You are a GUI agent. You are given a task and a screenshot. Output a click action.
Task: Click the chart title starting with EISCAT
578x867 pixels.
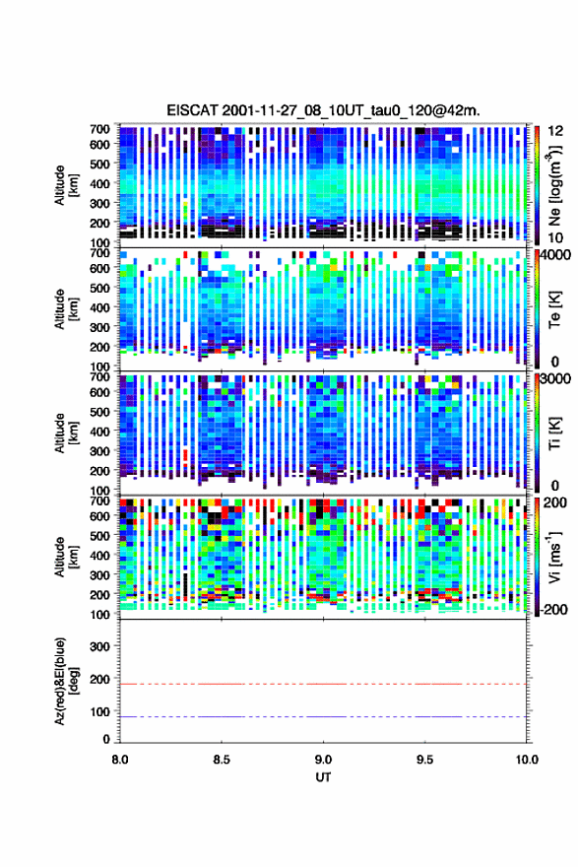(x=323, y=110)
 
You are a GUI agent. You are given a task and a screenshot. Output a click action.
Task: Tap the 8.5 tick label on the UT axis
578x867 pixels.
(x=222, y=760)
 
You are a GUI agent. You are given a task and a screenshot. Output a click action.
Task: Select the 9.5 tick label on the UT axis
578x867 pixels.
(x=425, y=760)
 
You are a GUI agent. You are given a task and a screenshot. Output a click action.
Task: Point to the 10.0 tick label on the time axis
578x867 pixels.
(x=527, y=760)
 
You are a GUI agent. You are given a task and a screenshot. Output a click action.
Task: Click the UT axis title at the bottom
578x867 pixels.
(x=323, y=777)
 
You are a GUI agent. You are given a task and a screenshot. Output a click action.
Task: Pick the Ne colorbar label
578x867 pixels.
(x=555, y=185)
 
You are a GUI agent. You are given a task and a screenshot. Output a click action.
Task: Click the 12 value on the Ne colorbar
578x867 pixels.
(x=556, y=131)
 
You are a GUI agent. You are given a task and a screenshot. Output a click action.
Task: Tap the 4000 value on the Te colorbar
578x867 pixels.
(x=555, y=255)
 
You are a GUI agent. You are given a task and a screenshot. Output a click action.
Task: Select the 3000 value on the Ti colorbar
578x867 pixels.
(x=555, y=378)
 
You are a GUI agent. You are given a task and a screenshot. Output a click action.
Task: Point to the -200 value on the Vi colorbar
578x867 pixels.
(x=554, y=609)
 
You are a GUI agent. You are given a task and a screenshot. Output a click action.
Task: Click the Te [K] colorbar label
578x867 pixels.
(x=554, y=309)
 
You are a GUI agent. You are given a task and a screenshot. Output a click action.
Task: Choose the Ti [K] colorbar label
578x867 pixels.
(x=554, y=433)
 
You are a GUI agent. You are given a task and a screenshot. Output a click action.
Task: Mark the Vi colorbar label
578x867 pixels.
(x=555, y=557)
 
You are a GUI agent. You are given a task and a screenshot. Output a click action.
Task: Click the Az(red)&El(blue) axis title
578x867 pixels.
(x=64, y=681)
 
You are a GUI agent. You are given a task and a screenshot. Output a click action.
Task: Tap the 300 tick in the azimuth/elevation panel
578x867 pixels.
(x=100, y=646)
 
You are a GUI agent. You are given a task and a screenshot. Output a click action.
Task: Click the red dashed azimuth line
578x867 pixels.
(x=323, y=684)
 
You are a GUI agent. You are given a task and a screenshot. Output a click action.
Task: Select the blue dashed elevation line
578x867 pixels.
(x=323, y=716)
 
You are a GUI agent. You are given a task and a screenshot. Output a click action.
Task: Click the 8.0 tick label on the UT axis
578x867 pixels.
(x=120, y=760)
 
